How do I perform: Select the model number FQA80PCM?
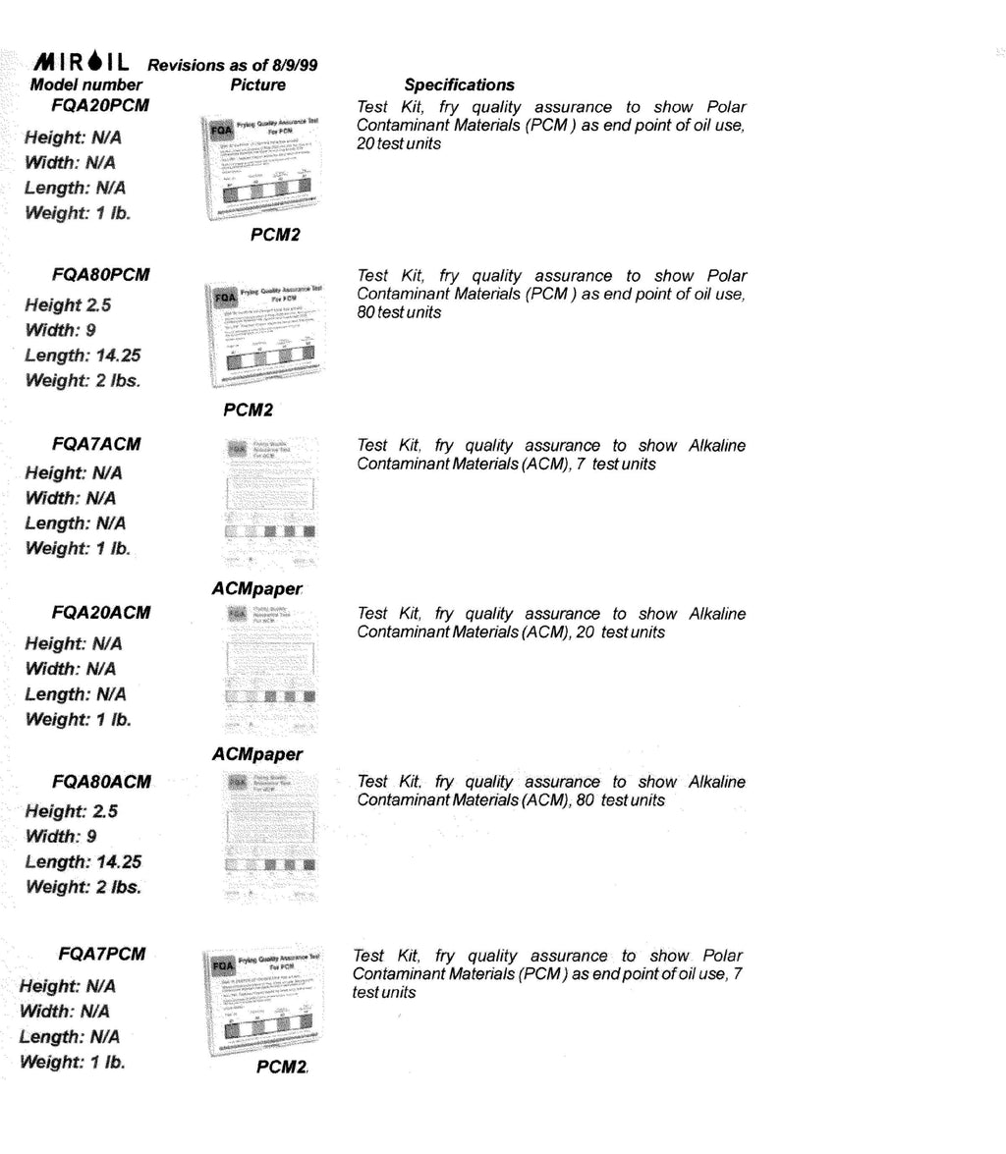102,274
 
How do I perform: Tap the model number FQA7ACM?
96,444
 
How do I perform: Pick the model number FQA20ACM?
102,613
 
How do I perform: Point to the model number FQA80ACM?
102,782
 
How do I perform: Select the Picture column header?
257,85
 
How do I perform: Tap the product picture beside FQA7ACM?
268,503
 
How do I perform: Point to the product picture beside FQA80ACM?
268,840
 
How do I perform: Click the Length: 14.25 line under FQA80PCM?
83,356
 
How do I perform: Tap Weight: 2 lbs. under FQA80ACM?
84,887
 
